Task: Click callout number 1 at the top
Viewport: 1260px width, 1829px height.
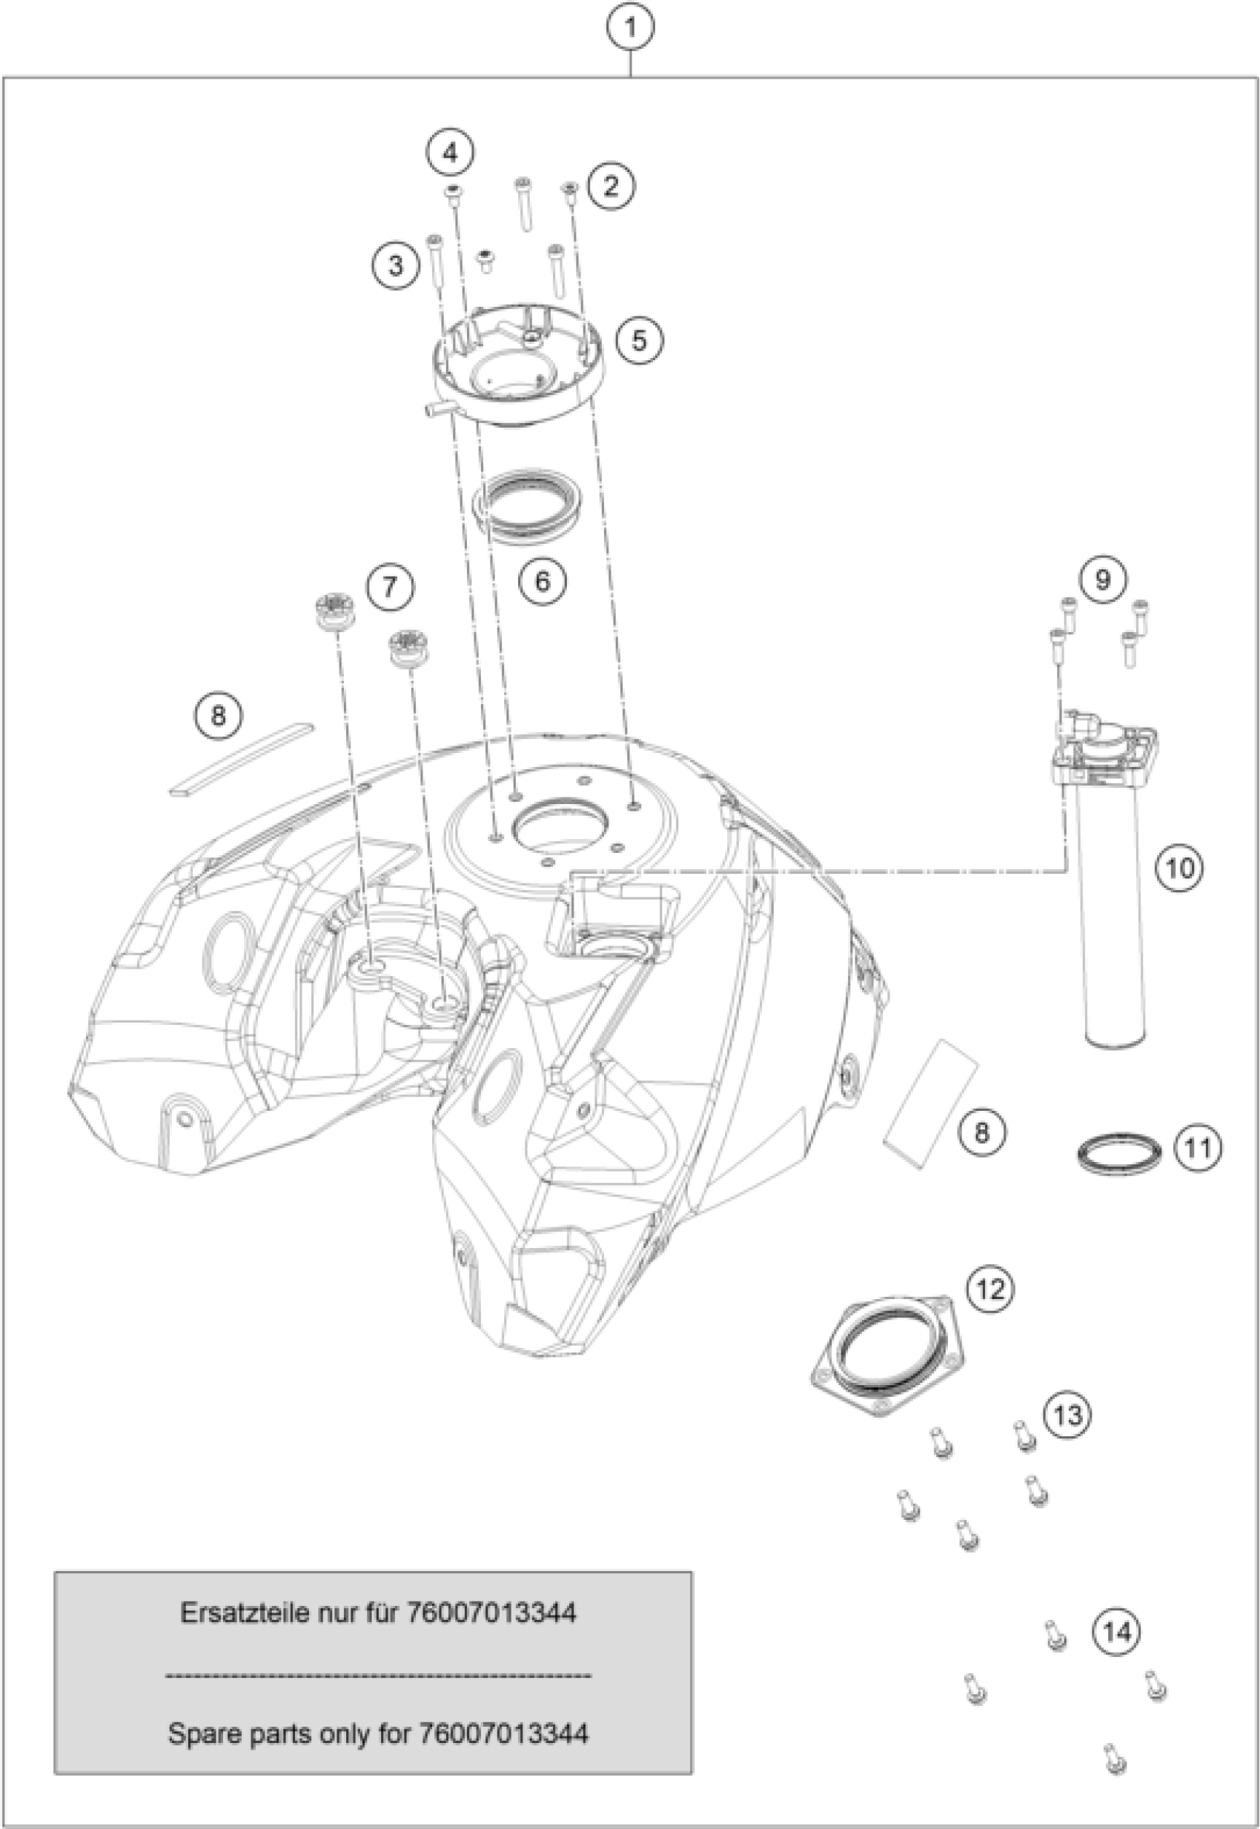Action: [630, 29]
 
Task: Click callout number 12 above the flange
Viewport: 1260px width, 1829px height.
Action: [991, 1289]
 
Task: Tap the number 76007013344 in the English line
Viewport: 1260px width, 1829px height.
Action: [504, 1733]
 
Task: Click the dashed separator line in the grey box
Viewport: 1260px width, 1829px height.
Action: [378, 1673]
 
